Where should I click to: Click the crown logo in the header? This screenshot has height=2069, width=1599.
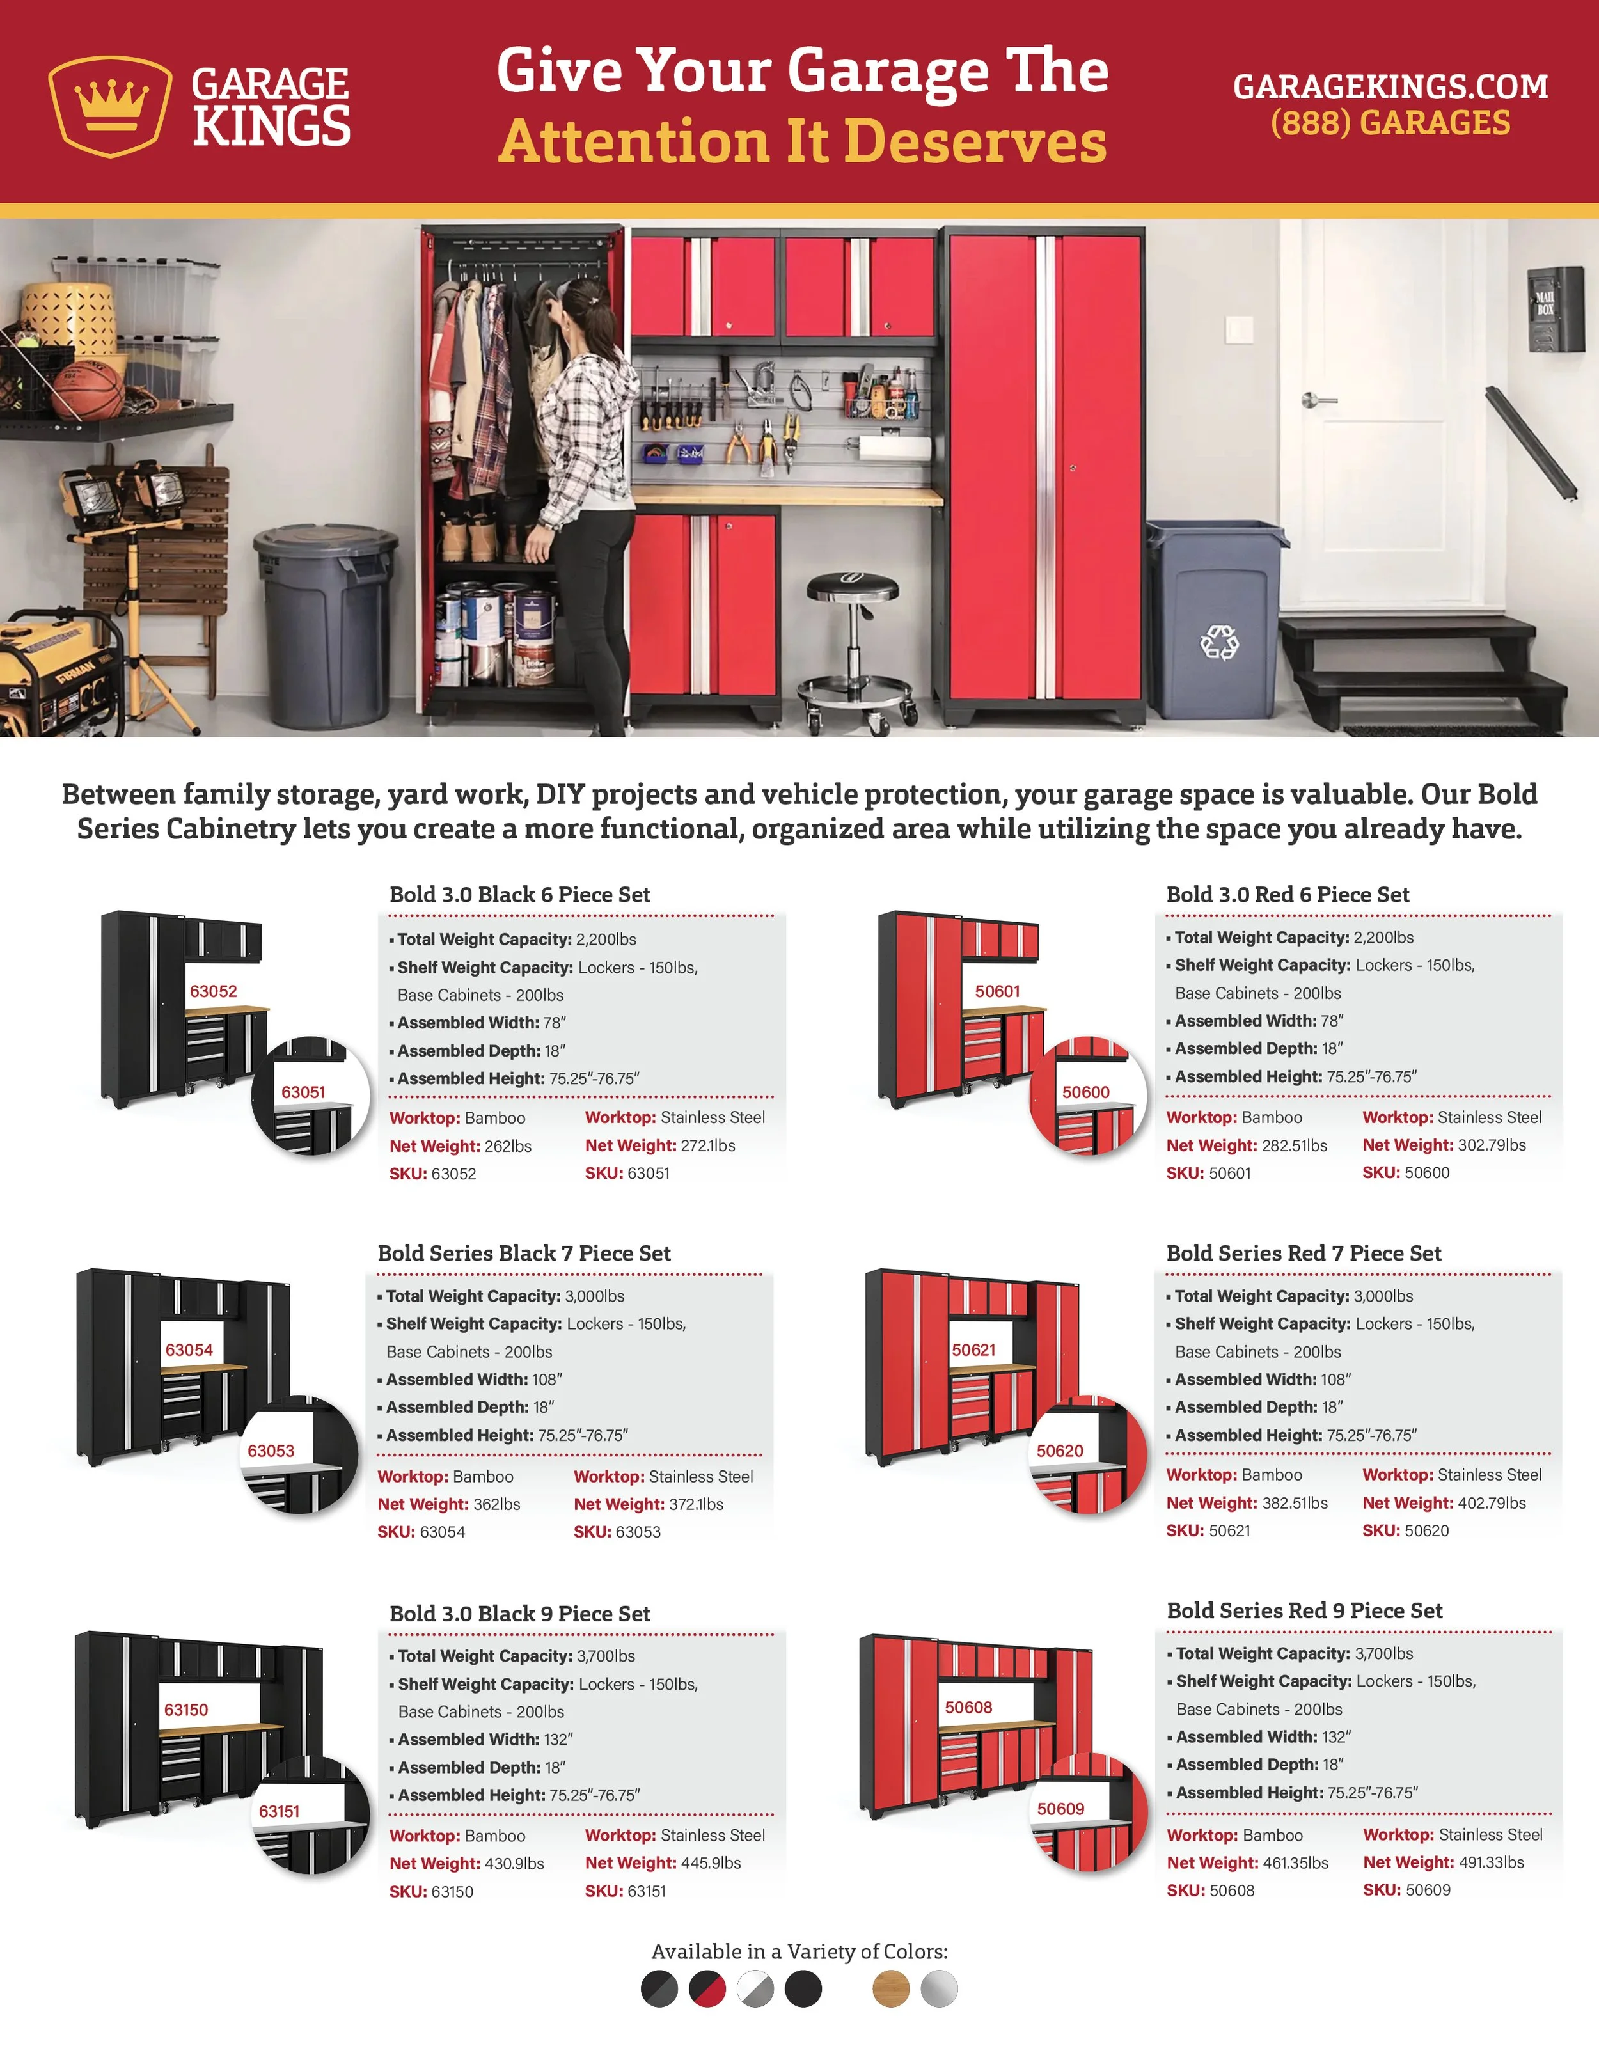tap(110, 105)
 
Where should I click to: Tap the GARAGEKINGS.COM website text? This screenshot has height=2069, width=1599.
tap(1390, 86)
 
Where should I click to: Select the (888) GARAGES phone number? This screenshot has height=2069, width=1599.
tap(1390, 122)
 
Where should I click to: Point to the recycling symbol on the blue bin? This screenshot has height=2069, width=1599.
tap(1219, 642)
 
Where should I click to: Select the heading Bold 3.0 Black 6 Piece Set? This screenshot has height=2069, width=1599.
tap(520, 894)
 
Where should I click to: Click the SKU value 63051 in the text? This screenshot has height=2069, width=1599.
tap(648, 1173)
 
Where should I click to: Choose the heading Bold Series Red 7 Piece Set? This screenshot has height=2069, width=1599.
tap(1304, 1254)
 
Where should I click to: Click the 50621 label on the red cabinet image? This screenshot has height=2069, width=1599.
tap(974, 1350)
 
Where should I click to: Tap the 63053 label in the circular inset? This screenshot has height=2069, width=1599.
tap(271, 1451)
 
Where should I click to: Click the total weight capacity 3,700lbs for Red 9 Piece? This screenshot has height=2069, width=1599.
tap(1384, 1653)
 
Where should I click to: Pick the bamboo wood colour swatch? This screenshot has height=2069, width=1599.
tap(890, 1988)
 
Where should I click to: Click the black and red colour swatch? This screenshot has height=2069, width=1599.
tap(707, 1988)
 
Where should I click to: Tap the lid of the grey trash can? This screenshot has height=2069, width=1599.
tap(325, 543)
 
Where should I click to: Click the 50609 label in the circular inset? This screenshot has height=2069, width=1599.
tap(1060, 1809)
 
